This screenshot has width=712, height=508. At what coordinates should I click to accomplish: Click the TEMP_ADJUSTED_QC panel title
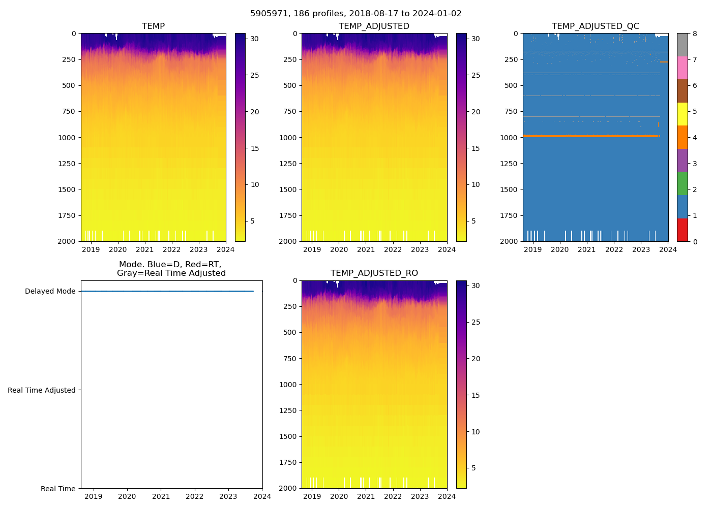click(x=595, y=26)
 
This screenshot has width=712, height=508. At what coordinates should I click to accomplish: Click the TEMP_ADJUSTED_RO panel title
click(x=374, y=273)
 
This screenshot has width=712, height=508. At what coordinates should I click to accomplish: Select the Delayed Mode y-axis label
click(x=50, y=291)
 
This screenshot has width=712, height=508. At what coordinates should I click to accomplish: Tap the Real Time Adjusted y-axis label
click(x=41, y=390)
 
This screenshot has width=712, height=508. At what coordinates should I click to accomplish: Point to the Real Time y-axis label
click(x=58, y=489)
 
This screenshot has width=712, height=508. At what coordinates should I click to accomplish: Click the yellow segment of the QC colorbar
click(x=682, y=114)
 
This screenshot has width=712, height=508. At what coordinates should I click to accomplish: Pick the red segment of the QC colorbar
click(x=682, y=230)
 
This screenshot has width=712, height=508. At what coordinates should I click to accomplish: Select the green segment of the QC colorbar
click(x=682, y=183)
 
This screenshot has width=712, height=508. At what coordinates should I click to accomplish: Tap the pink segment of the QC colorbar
click(x=682, y=68)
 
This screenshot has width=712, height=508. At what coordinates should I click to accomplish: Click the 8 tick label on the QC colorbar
click(x=695, y=34)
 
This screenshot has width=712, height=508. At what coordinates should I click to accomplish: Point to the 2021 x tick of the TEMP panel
click(x=145, y=249)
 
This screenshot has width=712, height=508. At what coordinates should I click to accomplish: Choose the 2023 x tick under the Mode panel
click(x=228, y=496)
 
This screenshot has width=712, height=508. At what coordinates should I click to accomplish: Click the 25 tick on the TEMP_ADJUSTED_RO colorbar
click(x=476, y=322)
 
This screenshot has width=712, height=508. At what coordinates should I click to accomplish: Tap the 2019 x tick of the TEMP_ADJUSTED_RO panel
click(x=312, y=496)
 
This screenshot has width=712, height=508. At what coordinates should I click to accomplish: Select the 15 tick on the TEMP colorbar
click(x=255, y=148)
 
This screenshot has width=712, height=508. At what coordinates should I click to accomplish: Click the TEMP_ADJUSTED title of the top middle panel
click(x=374, y=26)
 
